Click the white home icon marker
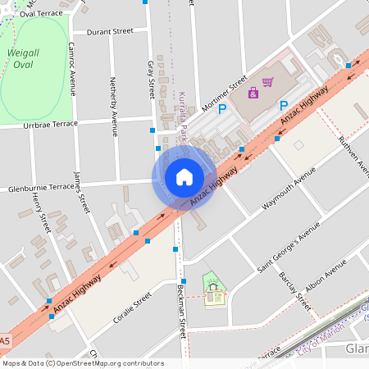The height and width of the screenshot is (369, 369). pos(184,177)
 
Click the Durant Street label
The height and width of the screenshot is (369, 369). pos(110,31)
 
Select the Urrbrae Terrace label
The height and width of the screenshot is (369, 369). pos(50,124)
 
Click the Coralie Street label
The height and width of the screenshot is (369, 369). pos(133,307)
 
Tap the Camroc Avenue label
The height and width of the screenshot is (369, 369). pos(72,69)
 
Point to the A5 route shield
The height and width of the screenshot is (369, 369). pos(5,341)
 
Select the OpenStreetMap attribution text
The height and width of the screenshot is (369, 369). pos(82,363)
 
